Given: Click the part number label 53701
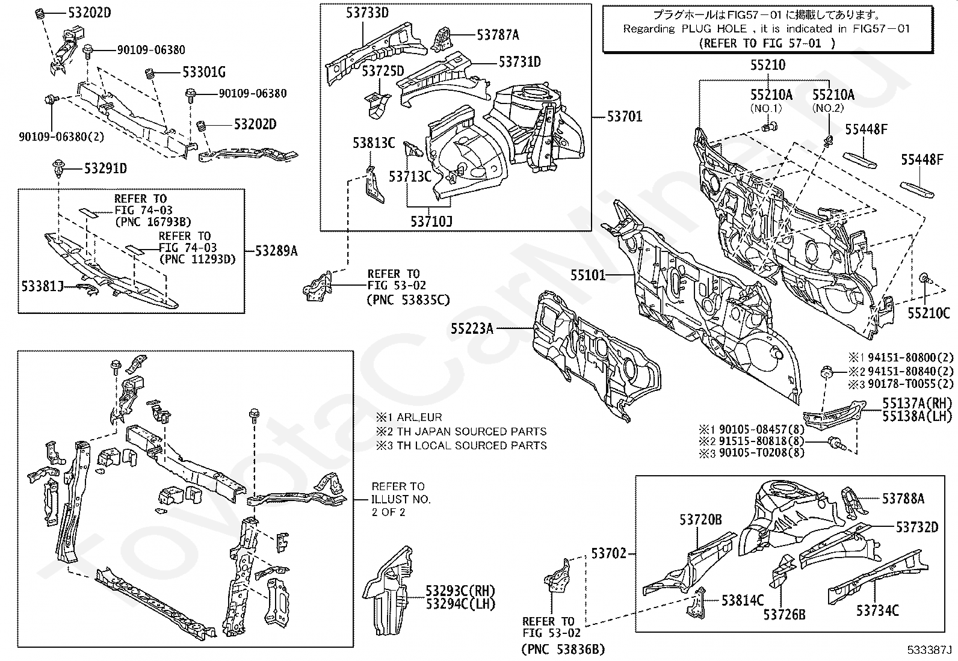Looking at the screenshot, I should [624, 116].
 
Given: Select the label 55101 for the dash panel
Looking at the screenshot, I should [588, 275].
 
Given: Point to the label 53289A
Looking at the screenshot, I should [276, 251].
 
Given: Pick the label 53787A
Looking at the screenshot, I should [498, 35].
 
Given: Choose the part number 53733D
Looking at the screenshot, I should [367, 12].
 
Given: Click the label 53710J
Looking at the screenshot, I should [431, 222].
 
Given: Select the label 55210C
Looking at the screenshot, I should [929, 313].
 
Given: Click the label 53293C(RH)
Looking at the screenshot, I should [460, 591].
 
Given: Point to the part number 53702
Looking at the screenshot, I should [608, 553].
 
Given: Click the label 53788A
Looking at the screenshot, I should [903, 498].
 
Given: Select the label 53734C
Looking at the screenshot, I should [877, 611].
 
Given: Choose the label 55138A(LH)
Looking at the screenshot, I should [917, 416].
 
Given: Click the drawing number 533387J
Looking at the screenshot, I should [930, 650].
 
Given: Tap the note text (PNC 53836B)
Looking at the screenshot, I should [562, 649].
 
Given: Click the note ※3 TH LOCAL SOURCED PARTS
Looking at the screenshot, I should [462, 446].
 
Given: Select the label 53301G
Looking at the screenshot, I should [204, 73].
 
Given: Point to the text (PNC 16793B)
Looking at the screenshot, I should [153, 221].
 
